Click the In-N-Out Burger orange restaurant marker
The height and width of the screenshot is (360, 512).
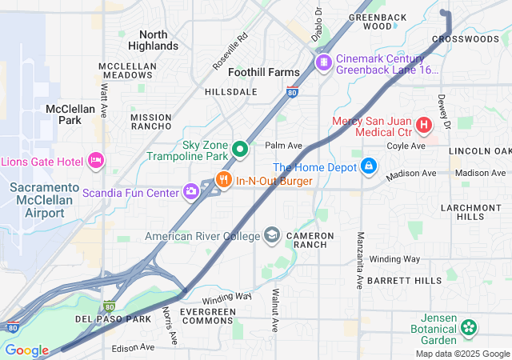tap(224, 180)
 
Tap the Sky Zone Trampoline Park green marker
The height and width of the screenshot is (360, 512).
tap(239, 150)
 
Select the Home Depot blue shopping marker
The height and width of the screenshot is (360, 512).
tap(369, 166)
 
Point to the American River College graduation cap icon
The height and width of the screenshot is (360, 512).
tap(272, 235)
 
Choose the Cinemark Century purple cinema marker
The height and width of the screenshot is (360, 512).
tap(323, 62)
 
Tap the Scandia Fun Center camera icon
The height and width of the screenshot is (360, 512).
tap(191, 190)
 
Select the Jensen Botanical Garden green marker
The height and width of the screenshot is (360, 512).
tap(469, 327)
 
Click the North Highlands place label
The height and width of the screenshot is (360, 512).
tap(153, 40)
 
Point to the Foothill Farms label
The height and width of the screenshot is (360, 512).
tap(264, 72)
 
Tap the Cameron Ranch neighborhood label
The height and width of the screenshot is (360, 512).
tap(307, 239)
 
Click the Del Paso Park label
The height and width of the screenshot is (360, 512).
tap(113, 319)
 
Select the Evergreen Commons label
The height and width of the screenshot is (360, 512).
tap(206, 315)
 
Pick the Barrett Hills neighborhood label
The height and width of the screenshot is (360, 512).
tap(404, 281)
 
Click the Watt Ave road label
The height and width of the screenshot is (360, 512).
tap(104, 94)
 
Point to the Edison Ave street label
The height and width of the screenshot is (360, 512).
tap(133, 348)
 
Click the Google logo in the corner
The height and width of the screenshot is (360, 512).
tap(26, 350)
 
